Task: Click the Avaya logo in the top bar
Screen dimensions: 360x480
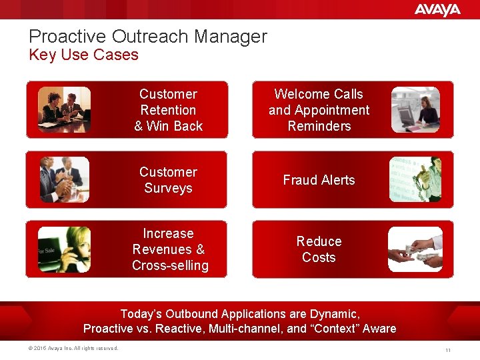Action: [x=437, y=9]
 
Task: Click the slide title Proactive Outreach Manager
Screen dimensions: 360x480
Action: [x=147, y=37]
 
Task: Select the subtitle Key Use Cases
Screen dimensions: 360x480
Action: [x=83, y=55]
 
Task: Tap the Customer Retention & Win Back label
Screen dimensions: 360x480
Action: [x=168, y=110]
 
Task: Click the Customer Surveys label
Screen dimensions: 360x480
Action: [x=168, y=180]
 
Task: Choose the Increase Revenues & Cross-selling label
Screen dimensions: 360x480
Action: [x=169, y=249]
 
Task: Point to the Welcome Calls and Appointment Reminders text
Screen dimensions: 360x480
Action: [x=319, y=110]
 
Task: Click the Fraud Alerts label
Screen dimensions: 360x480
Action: [x=319, y=180]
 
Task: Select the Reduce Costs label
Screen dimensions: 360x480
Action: [x=319, y=249]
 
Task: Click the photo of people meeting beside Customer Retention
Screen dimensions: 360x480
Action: [x=64, y=109]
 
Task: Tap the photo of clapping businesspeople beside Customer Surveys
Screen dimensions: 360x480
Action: [x=64, y=179]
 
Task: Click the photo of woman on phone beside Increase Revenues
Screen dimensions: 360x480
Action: [x=64, y=249]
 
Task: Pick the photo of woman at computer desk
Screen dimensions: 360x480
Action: [x=415, y=109]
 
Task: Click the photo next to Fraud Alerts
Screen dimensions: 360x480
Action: [x=415, y=179]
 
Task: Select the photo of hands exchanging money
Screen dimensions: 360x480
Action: [x=415, y=249]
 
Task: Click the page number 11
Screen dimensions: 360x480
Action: [x=449, y=350]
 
